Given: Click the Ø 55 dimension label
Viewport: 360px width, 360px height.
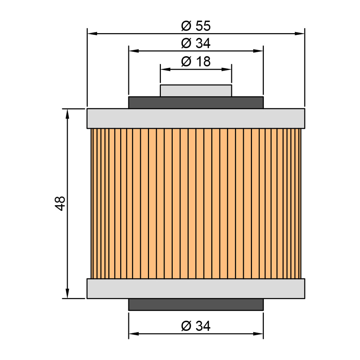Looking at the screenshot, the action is tap(195, 26).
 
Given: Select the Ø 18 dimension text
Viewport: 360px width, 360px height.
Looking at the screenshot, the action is tap(195, 62).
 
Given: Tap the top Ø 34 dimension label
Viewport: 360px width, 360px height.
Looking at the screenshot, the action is tap(195, 43).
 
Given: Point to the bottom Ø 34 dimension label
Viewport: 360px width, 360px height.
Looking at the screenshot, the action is tap(195, 326).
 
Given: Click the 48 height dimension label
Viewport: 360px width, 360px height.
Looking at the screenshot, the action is tap(60, 203).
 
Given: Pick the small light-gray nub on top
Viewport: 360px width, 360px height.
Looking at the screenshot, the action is tap(196, 91).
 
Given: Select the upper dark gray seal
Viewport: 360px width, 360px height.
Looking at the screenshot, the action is tap(196, 103).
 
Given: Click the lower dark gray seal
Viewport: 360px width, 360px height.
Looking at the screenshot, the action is tap(196, 305).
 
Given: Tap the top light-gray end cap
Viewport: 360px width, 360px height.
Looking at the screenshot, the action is tap(196, 118).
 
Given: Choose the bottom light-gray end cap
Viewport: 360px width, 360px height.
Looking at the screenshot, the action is tap(196, 289).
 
